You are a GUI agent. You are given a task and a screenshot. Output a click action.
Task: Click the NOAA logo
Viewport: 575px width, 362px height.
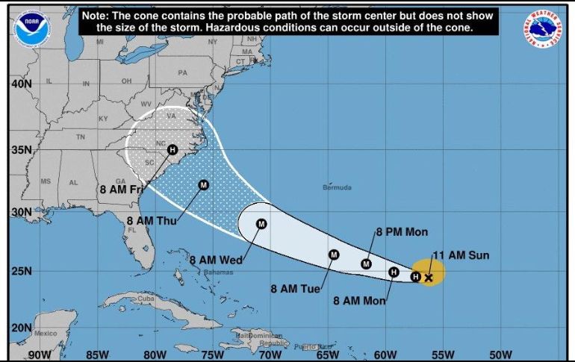point(29,25)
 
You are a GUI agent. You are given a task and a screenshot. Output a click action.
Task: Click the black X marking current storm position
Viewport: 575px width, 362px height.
point(429,278)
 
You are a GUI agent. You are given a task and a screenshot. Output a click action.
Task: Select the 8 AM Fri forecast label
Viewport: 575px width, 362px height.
point(121,190)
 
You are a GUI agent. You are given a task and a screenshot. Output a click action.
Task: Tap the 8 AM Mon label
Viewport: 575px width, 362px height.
point(360,301)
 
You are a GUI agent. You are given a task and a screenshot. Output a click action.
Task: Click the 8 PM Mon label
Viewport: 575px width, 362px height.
point(402,232)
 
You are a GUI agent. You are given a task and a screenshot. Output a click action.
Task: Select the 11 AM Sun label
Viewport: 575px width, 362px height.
point(461,255)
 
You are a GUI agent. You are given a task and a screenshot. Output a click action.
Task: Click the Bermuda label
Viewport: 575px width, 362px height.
point(337,187)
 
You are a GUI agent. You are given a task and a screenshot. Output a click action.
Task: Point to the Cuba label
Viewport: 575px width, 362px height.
point(145,299)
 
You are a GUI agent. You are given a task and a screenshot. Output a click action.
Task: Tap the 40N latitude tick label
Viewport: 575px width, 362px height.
point(21,84)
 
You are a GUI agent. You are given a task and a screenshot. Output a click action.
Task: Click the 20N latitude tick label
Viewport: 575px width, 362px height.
point(21,328)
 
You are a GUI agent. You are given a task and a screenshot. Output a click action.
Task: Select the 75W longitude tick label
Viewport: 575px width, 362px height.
point(213,355)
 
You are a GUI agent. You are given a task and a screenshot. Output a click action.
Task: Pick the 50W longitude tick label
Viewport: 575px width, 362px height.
point(500,355)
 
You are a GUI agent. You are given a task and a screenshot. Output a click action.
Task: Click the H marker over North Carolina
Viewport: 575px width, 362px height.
point(172,149)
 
